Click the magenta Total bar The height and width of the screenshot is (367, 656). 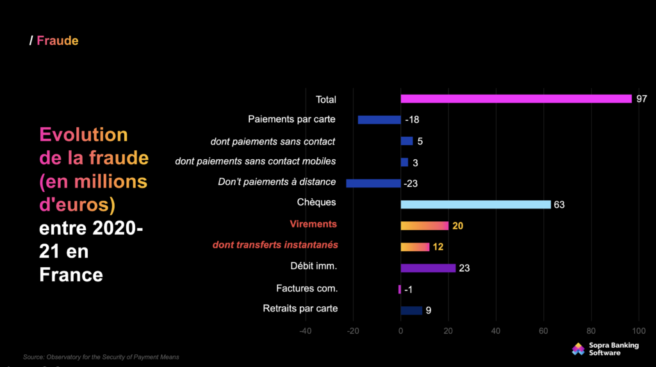point(516,98)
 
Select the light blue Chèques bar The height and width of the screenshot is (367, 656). point(475,205)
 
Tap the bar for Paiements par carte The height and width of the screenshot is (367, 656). point(379,120)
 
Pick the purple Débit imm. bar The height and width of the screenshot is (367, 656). point(428,268)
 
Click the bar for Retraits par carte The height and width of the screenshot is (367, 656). point(411,311)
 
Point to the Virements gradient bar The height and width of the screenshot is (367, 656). point(424,226)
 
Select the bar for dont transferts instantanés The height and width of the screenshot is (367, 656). point(414,247)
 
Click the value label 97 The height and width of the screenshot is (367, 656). point(642,99)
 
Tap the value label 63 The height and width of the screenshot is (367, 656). point(559,205)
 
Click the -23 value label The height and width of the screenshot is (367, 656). point(411,183)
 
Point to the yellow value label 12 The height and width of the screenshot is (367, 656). point(438,247)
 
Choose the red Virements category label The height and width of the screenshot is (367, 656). point(313,224)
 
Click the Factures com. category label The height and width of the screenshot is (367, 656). point(307,288)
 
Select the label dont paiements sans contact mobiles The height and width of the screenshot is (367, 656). point(255,161)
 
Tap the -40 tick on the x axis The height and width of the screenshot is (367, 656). point(305,331)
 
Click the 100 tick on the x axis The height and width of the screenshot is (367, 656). point(639,331)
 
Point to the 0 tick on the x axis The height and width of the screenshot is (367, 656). point(400,331)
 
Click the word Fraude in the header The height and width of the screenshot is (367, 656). point(58,41)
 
